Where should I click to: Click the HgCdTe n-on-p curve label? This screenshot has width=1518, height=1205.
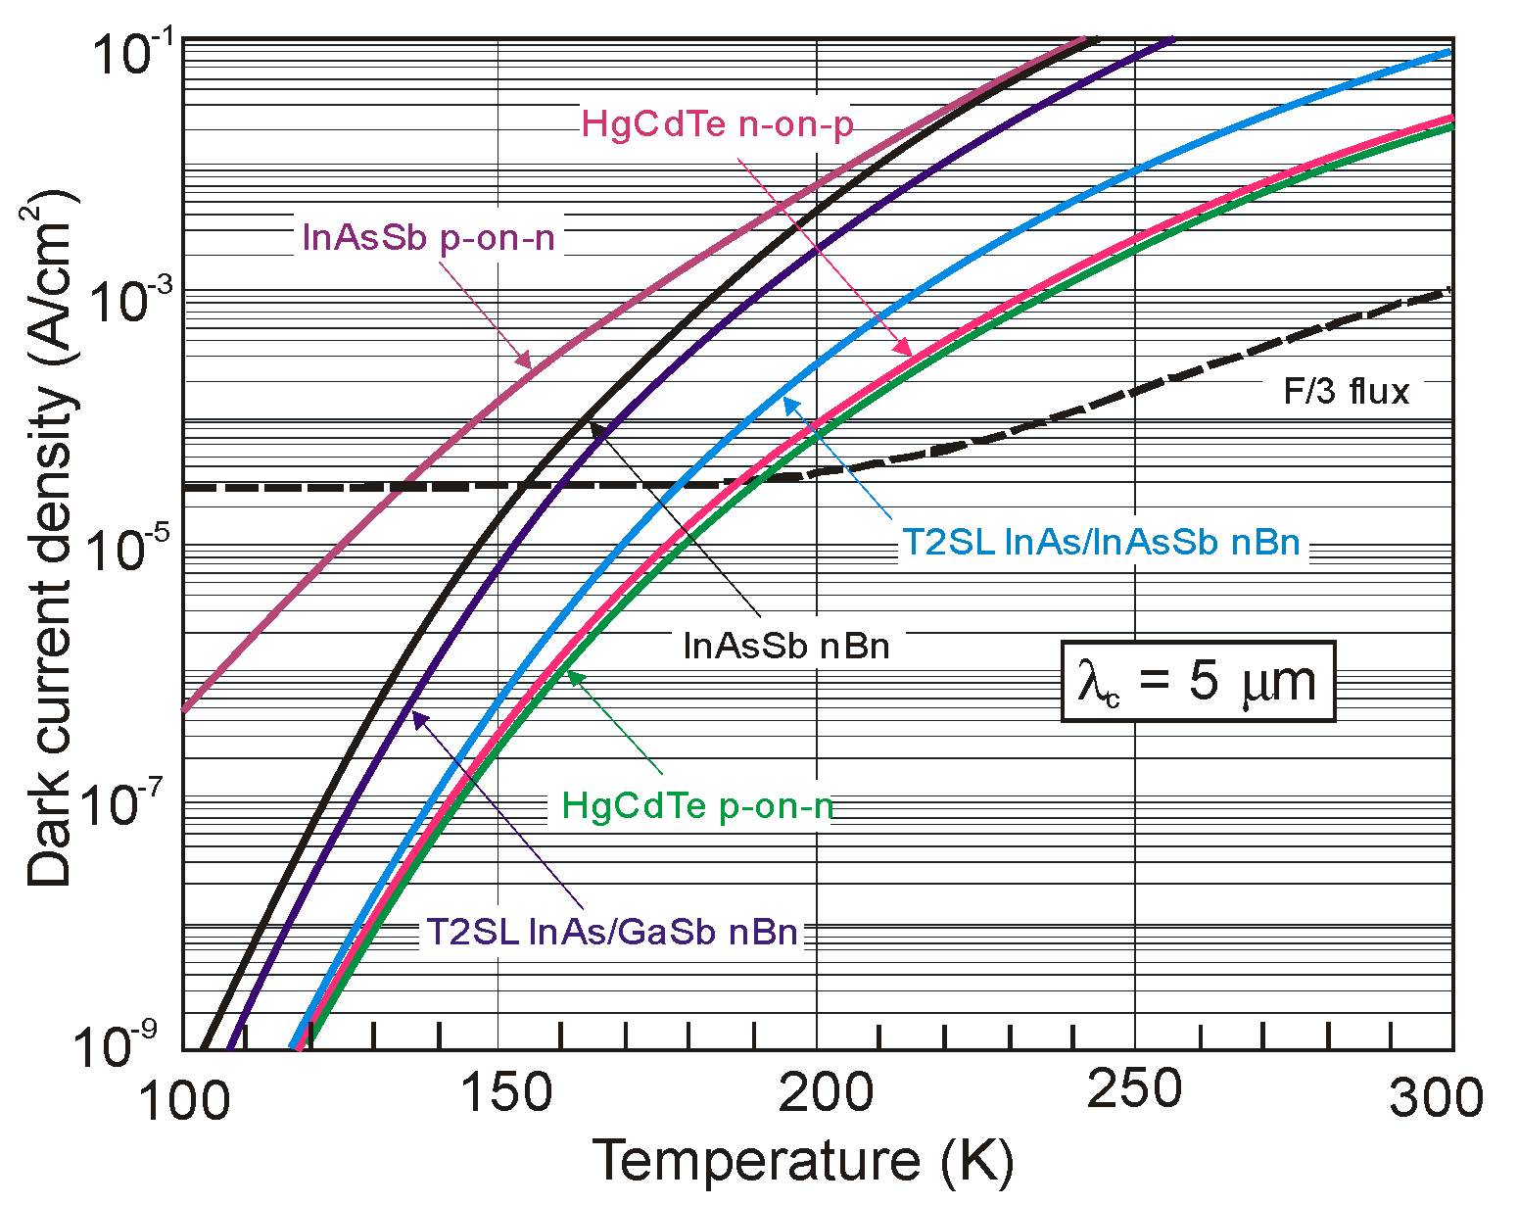pyautogui.click(x=717, y=124)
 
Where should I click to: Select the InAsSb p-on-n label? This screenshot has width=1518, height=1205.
pyautogui.click(x=428, y=237)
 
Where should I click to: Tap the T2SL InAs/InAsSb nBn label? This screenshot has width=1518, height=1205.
pyautogui.click(x=1101, y=542)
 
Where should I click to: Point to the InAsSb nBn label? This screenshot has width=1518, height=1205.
pyautogui.click(x=785, y=646)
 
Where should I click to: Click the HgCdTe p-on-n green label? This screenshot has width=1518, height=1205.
pyautogui.click(x=696, y=805)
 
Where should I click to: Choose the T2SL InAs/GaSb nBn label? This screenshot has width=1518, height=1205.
pyautogui.click(x=612, y=931)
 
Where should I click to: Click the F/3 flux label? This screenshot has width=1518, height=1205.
pyautogui.click(x=1346, y=392)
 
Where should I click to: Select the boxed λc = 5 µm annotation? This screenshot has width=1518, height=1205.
pyautogui.click(x=1198, y=682)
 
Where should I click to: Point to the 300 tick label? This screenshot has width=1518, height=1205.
pyautogui.click(x=1436, y=1097)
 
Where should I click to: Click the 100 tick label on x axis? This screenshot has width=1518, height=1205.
pyautogui.click(x=184, y=1099)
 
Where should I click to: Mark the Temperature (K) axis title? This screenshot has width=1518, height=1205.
pyautogui.click(x=803, y=1162)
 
